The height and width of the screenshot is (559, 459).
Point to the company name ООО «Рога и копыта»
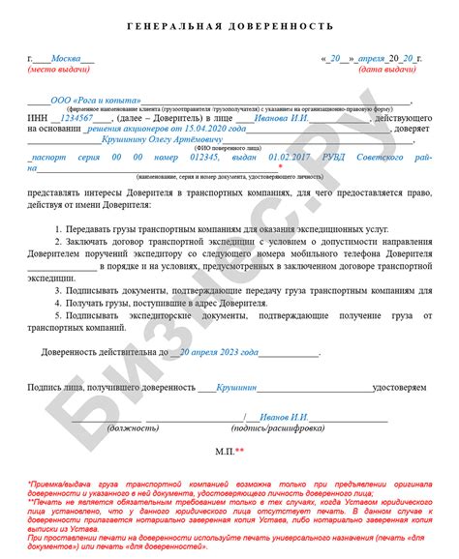point(93,101)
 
